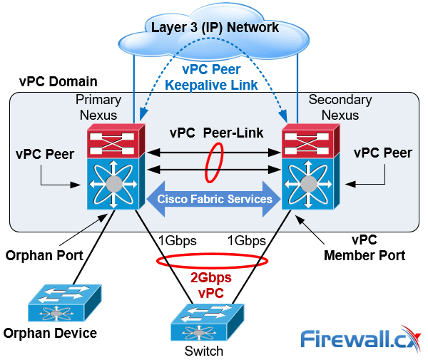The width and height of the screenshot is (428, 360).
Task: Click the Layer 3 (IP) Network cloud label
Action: click(215, 28)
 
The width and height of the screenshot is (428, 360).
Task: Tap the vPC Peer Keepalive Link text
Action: click(211, 77)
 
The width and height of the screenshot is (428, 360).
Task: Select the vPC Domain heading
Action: click(58, 81)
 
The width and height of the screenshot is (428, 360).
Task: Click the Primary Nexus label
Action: click(98, 107)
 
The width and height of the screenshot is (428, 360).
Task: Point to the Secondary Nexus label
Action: click(340, 107)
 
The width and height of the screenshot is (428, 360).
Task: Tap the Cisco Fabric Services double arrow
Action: click(214, 199)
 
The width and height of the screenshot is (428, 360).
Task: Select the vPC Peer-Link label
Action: click(216, 133)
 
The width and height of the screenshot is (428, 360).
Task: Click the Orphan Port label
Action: click(44, 255)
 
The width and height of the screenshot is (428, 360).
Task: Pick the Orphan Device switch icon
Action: click(65, 303)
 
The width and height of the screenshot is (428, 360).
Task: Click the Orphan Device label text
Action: click(50, 334)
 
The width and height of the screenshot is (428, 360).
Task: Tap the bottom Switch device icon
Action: click(208, 322)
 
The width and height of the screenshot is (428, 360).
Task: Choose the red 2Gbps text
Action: click(211, 277)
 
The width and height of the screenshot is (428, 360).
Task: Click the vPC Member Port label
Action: click(365, 247)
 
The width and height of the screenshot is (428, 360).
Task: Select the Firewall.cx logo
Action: click(361, 339)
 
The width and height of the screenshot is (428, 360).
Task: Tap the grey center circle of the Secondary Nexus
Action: click(308, 184)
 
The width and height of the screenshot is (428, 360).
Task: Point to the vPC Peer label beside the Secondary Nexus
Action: click(383, 153)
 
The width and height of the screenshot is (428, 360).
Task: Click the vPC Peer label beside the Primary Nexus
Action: click(45, 154)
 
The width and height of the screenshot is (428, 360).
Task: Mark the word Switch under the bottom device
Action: click(204, 351)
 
